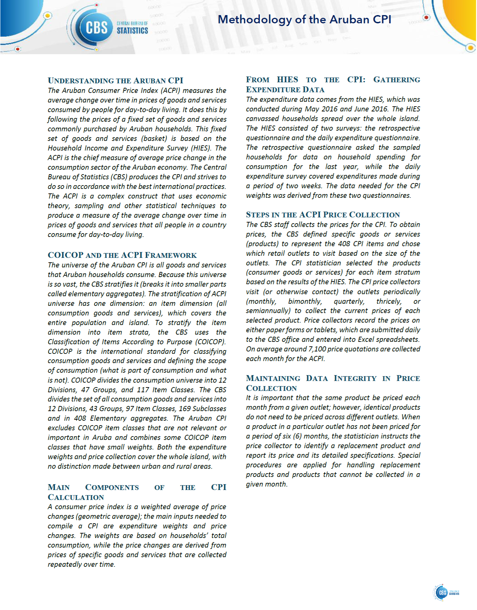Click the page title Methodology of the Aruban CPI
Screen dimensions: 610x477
(x=304, y=20)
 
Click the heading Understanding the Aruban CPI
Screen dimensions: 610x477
(x=115, y=81)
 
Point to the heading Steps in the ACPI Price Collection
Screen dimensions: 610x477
(x=323, y=215)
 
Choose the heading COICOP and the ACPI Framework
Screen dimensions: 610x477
(x=122, y=255)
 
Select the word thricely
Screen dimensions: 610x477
(x=389, y=301)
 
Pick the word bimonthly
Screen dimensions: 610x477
(x=305, y=301)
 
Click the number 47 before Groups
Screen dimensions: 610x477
(x=85, y=390)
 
